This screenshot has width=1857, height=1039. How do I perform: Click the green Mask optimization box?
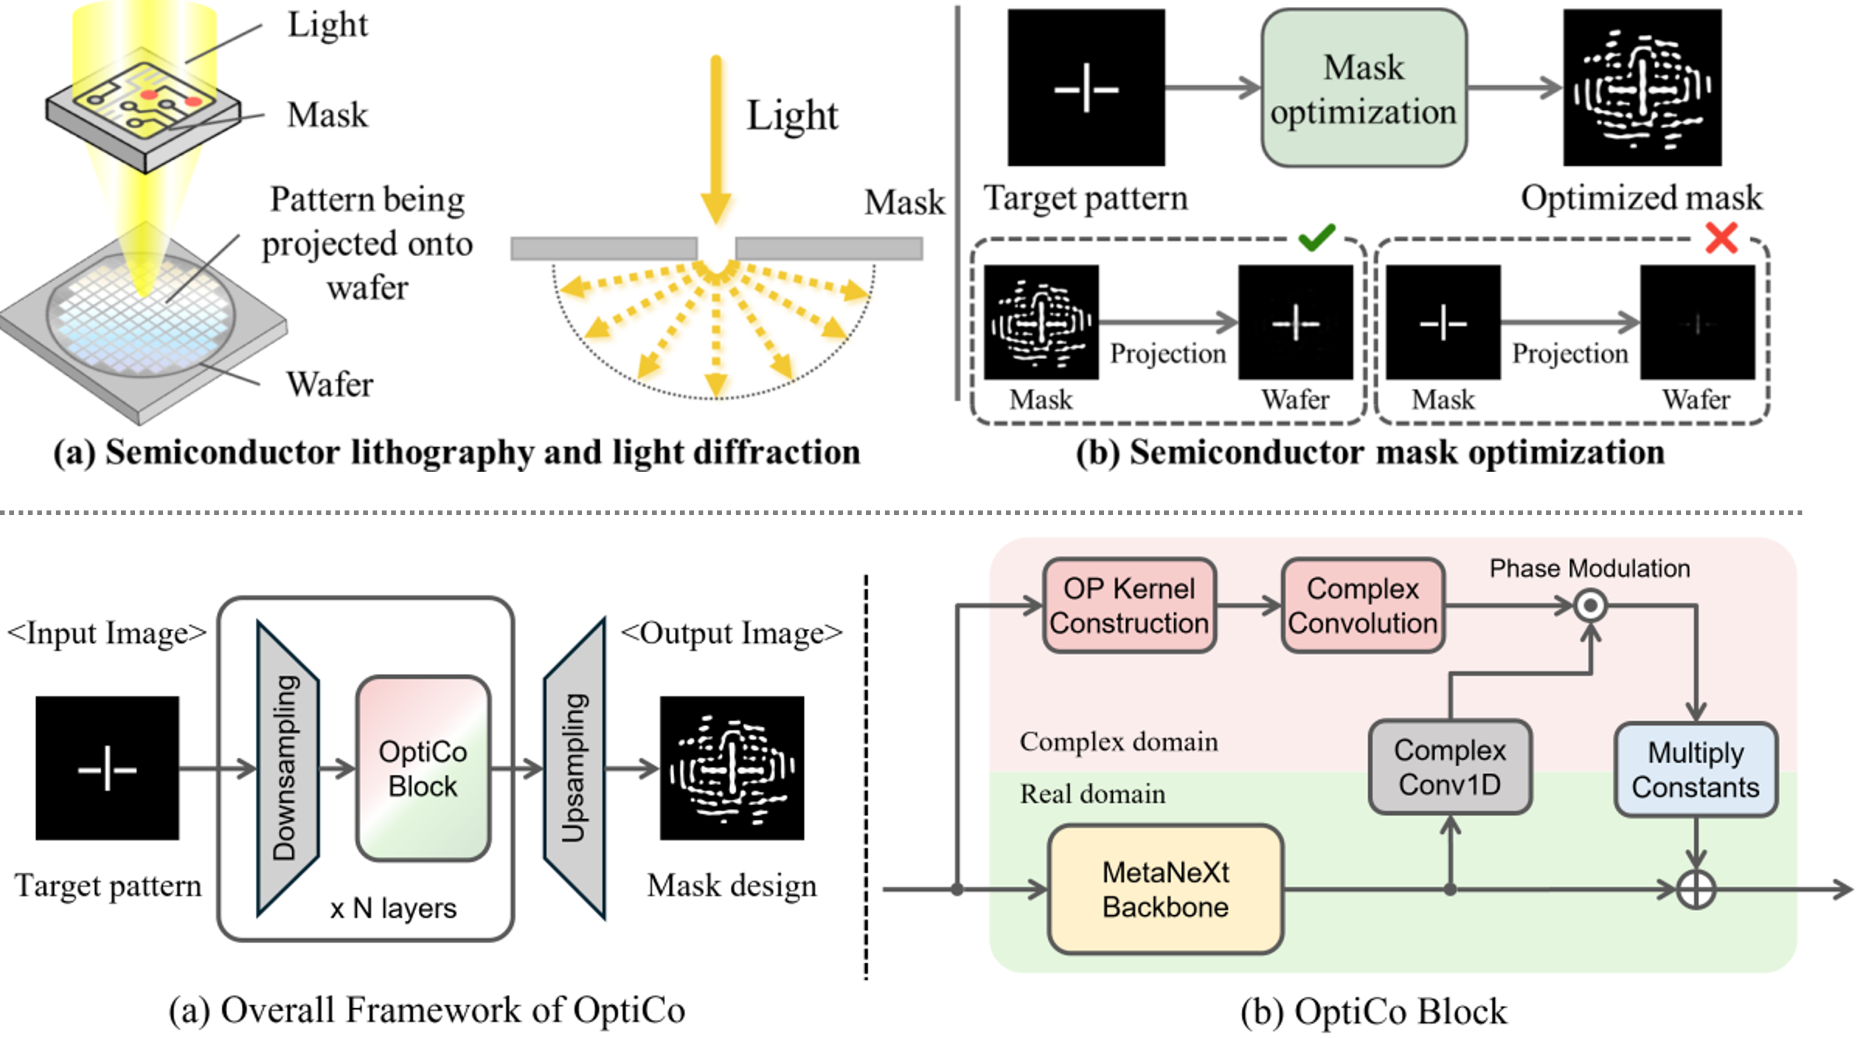tap(1363, 88)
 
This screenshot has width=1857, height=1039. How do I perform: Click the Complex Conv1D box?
tap(1450, 767)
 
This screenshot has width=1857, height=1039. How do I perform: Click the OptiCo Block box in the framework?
tap(423, 768)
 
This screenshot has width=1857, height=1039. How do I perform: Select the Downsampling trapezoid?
tap(287, 768)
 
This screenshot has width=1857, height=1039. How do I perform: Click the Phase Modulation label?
tap(1590, 569)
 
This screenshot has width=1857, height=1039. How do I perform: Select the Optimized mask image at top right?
tap(1642, 88)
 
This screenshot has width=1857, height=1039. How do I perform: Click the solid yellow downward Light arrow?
tap(716, 137)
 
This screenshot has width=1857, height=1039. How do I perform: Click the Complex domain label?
tap(1119, 742)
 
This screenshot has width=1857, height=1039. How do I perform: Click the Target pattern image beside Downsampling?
tap(107, 768)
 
